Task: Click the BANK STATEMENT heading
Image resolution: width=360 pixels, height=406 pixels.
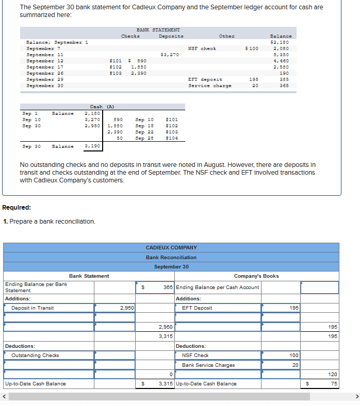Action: click(158, 30)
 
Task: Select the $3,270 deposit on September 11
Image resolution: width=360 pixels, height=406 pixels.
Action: click(170, 54)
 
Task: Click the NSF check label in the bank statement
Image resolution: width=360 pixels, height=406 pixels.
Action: click(202, 48)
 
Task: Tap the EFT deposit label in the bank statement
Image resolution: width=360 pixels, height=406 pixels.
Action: click(205, 79)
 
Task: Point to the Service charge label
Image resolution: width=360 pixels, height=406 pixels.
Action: click(209, 86)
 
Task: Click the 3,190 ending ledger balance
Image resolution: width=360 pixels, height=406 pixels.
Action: click(92, 146)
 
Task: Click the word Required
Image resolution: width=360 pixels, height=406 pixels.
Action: click(17, 208)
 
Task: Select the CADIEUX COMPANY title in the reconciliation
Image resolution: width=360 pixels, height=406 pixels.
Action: click(171, 248)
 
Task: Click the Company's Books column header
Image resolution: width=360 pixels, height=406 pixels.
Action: click(256, 276)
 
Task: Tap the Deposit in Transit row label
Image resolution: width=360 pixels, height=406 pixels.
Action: click(32, 308)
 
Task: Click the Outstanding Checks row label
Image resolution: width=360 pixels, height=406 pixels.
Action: click(35, 356)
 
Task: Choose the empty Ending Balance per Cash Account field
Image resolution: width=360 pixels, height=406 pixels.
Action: click(319, 287)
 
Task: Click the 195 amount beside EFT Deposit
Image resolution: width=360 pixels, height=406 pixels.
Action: click(294, 308)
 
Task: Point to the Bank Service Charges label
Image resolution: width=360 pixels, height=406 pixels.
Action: click(208, 365)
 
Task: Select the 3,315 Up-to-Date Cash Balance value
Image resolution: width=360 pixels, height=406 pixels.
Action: click(166, 384)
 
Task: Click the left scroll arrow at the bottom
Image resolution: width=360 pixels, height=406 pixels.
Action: click(4, 396)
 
